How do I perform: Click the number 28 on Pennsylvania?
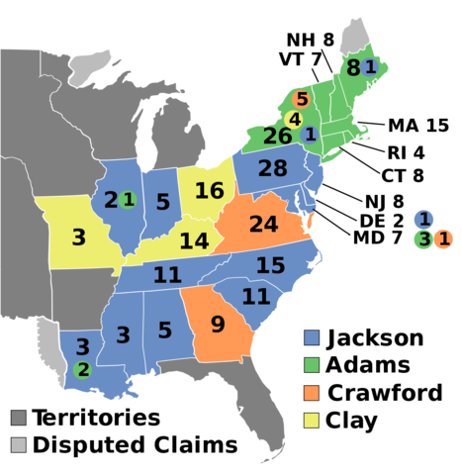tap(272, 169)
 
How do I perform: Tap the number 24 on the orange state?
tap(263, 225)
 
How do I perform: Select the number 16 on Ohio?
tap(209, 191)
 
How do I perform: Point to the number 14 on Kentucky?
tap(194, 241)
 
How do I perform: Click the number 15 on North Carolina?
tap(270, 265)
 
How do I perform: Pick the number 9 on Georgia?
tap(218, 325)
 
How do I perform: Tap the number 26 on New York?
tap(278, 137)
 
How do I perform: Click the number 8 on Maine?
tap(352, 68)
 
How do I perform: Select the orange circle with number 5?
tap(302, 99)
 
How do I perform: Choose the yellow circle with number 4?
tap(294, 120)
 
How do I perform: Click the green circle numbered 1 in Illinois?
tap(128, 200)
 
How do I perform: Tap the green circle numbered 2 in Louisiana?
tap(83, 370)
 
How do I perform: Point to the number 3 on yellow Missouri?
tap(78, 237)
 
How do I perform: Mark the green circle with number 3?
tap(423, 238)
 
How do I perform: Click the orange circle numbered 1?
tap(444, 238)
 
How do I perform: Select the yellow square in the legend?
tap(312, 421)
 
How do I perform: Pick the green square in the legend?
tap(312, 365)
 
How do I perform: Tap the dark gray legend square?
tap(18, 418)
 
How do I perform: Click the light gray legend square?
tap(18, 444)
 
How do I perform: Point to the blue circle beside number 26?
tap(310, 134)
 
